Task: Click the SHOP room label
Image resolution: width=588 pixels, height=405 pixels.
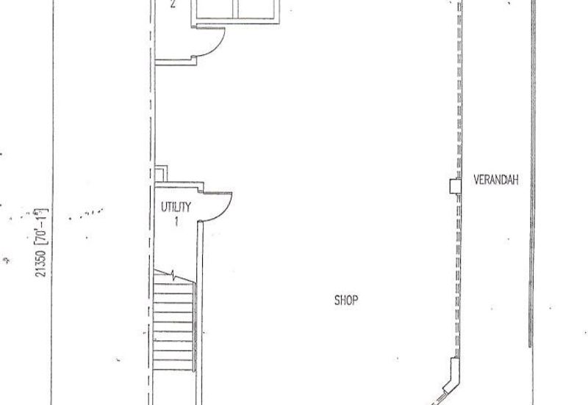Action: click(x=345, y=300)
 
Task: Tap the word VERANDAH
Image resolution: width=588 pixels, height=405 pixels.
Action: click(x=495, y=180)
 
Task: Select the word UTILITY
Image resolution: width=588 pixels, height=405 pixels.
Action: click(x=176, y=207)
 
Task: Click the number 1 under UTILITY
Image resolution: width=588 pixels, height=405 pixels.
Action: click(x=176, y=222)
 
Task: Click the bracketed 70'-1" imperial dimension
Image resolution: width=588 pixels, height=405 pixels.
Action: click(x=42, y=226)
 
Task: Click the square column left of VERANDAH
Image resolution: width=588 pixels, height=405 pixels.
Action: click(x=455, y=186)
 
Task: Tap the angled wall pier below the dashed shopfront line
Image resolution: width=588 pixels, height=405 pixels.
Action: click(x=452, y=376)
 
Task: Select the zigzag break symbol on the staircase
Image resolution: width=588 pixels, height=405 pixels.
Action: click(x=173, y=275)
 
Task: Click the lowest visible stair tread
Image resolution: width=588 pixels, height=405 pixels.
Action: click(x=173, y=365)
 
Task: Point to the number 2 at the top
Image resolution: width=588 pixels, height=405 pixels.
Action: click(x=173, y=4)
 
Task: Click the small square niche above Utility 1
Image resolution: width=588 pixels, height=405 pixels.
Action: click(x=160, y=174)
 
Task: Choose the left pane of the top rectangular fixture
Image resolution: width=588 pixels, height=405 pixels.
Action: click(x=217, y=8)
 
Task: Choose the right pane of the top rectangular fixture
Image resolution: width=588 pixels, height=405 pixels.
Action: click(x=257, y=8)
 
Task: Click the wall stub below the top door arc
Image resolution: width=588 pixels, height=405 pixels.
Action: click(x=176, y=62)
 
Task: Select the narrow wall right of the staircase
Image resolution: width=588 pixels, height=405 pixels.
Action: click(x=199, y=313)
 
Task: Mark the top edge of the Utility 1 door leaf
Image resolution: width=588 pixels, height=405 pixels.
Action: click(x=216, y=193)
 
